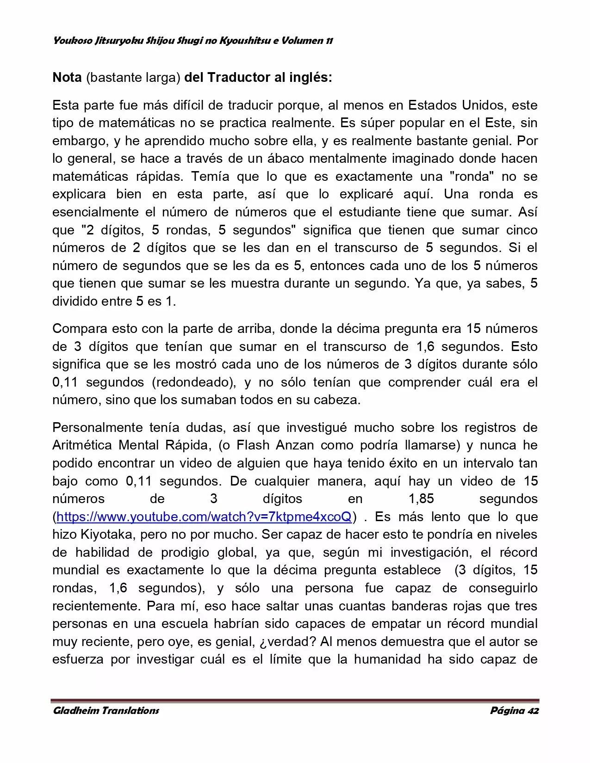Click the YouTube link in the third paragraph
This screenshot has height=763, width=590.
pos(204,517)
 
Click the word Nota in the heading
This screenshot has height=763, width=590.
pos(67,77)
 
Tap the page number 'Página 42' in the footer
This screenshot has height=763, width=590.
pos(514,711)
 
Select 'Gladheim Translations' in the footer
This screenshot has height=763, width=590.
pos(106,711)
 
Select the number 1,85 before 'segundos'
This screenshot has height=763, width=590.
pos(421,499)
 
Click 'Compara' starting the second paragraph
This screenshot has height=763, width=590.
pos(80,329)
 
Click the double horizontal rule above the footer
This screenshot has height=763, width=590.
pos(295,701)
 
